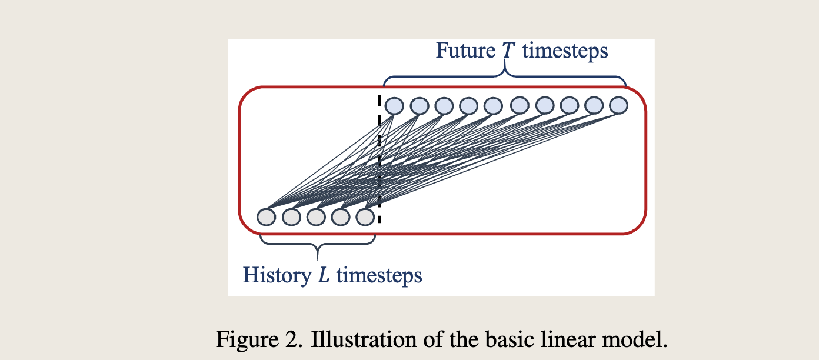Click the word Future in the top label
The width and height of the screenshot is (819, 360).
tap(465, 51)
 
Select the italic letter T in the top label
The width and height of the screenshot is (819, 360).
tap(508, 51)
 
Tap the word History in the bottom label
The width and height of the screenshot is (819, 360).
tap(277, 275)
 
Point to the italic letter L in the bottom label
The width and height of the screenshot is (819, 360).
tap(324, 275)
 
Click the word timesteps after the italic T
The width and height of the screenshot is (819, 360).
tap(565, 51)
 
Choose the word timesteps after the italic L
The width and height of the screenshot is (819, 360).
tap(379, 275)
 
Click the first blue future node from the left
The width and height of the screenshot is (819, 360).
tap(394, 106)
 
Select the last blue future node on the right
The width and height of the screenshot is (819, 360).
tap(618, 105)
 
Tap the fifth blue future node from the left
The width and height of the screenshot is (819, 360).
tap(493, 106)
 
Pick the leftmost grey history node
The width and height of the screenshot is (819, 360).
tap(266, 217)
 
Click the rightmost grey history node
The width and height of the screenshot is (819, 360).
tap(365, 216)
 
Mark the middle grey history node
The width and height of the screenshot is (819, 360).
tap(316, 216)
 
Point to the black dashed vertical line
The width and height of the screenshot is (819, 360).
tap(379, 159)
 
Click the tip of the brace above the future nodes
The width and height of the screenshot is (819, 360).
tap(505, 59)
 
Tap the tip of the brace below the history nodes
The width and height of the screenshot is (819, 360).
tap(317, 260)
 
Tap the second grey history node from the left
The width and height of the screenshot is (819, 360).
tap(291, 217)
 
